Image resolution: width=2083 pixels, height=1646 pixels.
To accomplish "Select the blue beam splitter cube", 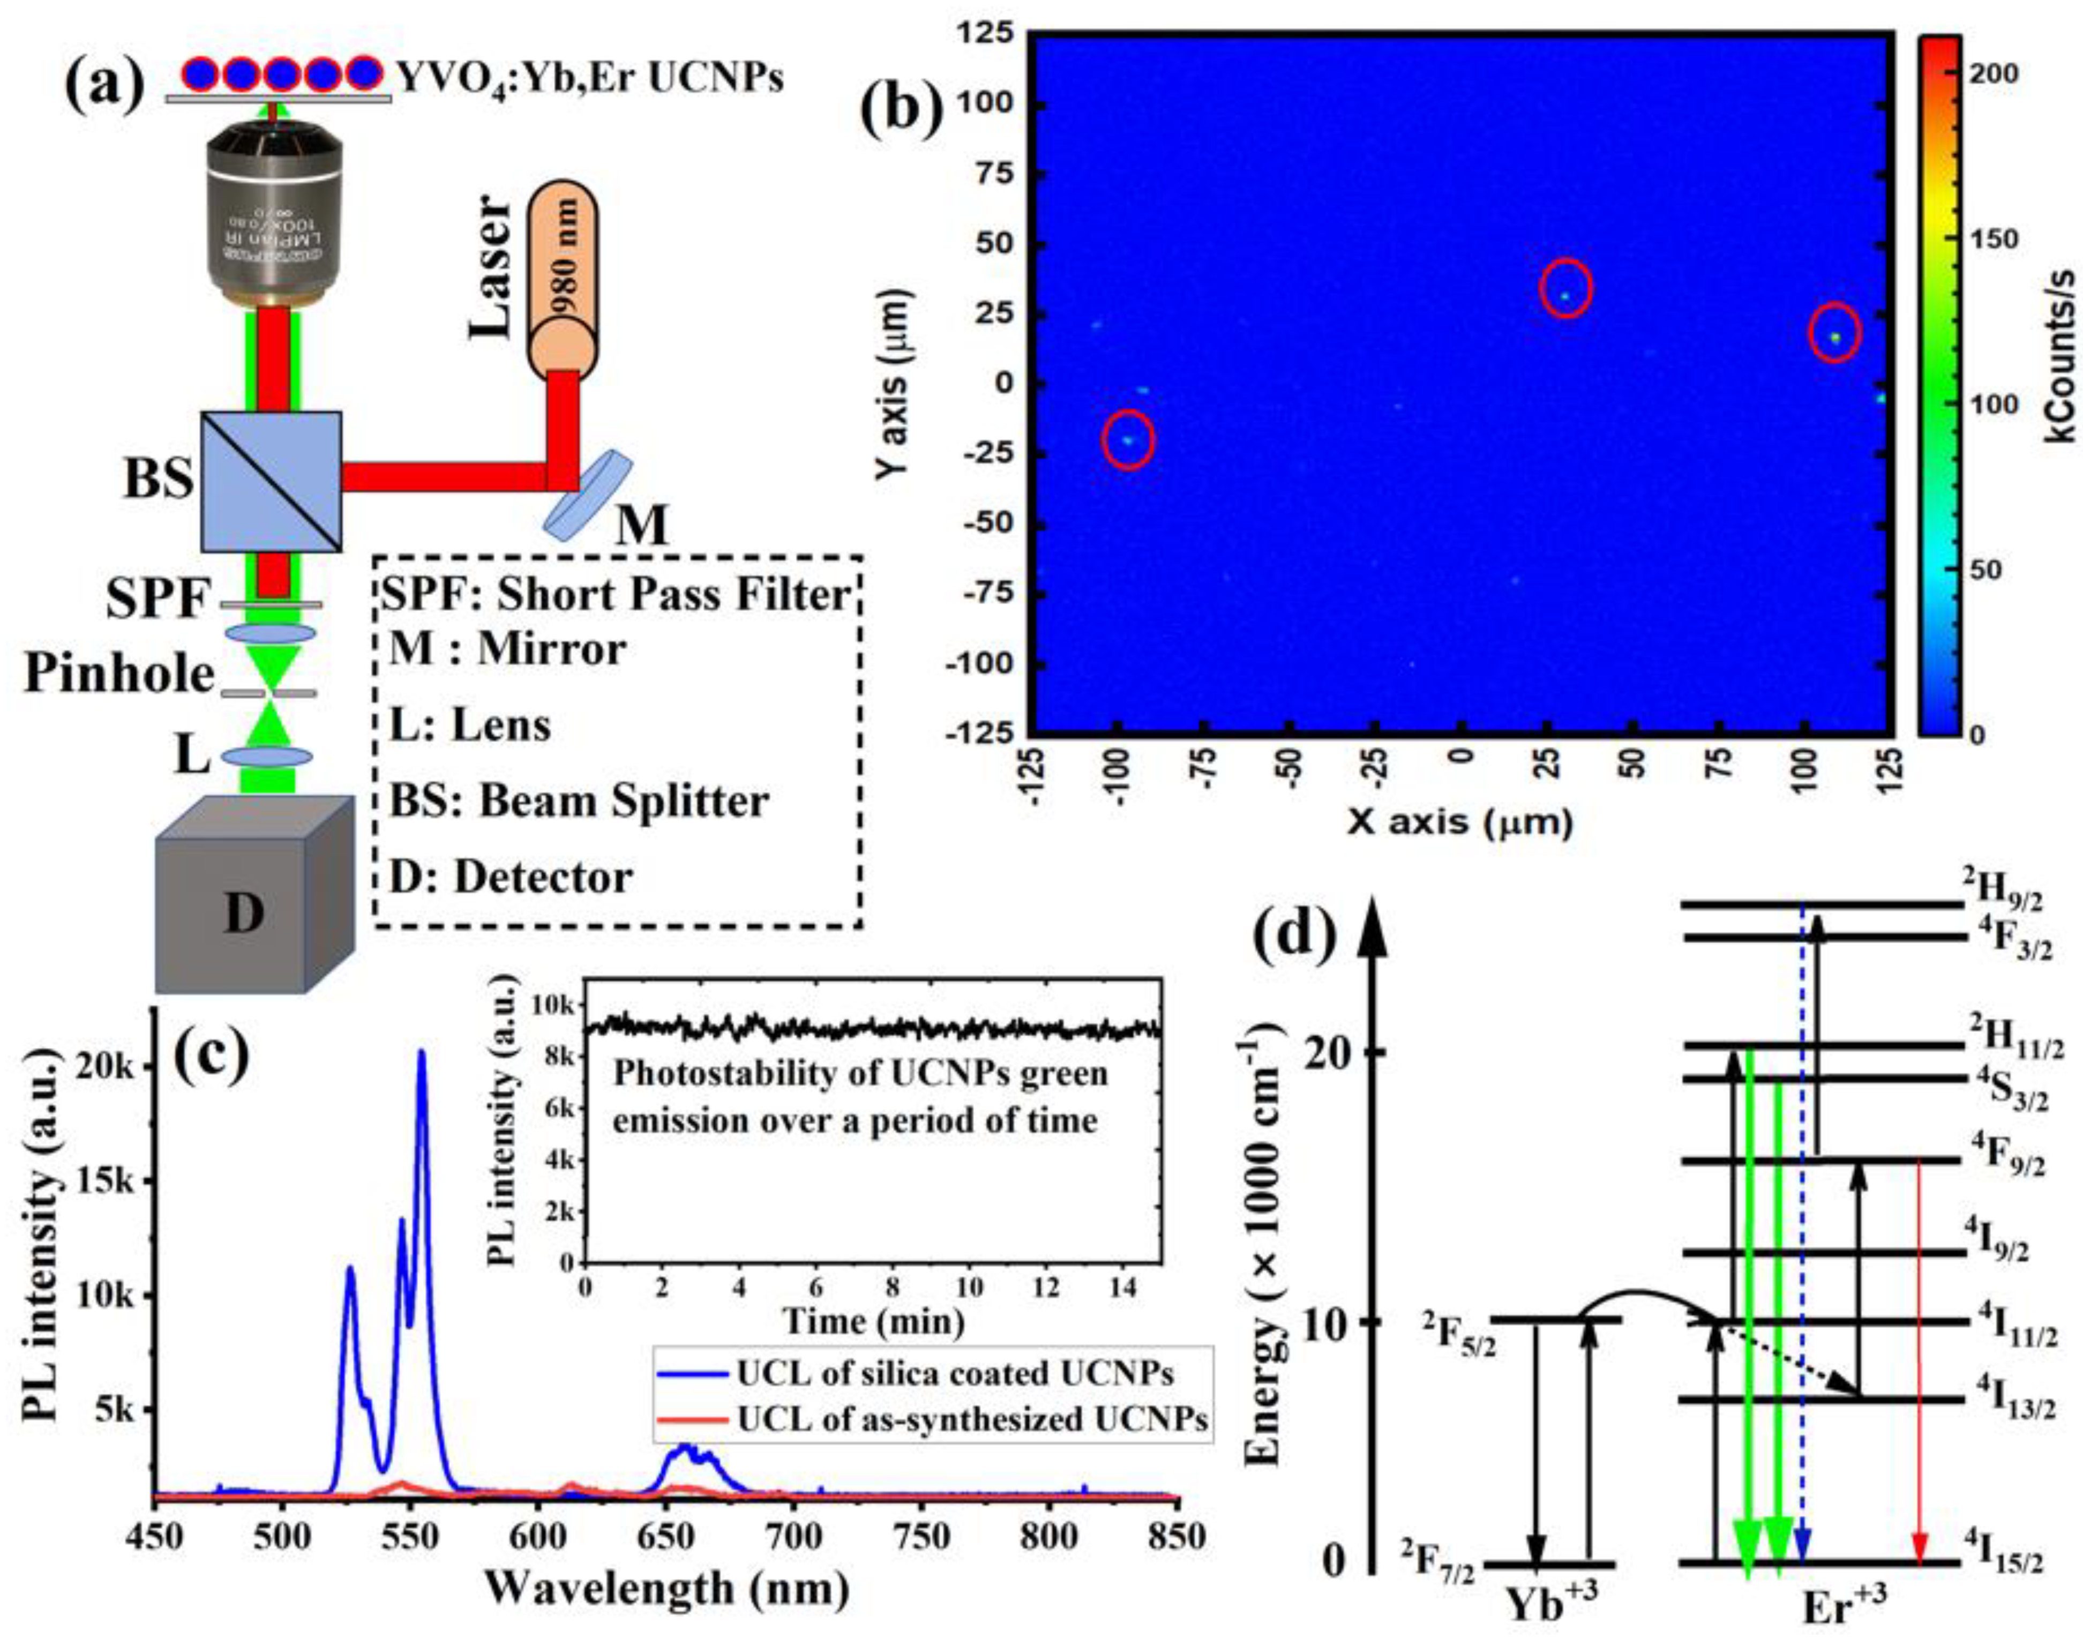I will tap(271, 481).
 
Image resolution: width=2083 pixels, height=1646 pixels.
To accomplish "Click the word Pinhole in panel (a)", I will tap(118, 675).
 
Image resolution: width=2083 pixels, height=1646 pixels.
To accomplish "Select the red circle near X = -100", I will tap(1128, 439).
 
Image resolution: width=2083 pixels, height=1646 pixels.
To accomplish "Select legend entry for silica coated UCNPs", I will tap(925, 1373).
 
